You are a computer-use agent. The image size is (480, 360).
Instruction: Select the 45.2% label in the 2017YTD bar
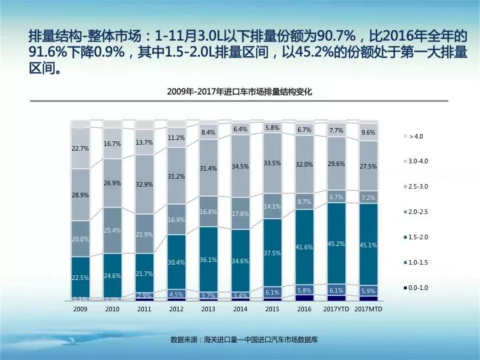[336, 243]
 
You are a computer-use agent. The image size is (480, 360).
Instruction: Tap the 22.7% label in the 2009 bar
[80, 149]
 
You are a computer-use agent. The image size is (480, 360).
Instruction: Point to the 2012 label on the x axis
[176, 309]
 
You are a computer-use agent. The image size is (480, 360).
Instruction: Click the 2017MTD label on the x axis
[368, 309]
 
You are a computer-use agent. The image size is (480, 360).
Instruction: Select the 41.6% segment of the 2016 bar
[304, 247]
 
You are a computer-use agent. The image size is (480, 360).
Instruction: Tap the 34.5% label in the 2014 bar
[240, 166]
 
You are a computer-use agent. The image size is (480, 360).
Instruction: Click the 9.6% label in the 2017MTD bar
[368, 133]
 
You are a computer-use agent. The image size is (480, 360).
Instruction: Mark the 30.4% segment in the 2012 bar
[176, 262]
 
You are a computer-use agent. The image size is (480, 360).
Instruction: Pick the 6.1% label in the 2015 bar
[272, 292]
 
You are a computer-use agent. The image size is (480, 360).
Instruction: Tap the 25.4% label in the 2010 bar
[112, 230]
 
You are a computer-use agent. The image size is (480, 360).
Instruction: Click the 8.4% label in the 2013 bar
[208, 133]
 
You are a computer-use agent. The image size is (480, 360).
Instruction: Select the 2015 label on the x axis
[272, 309]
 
